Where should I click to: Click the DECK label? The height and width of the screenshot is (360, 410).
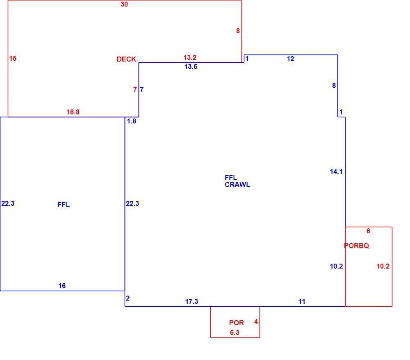[x=126, y=59]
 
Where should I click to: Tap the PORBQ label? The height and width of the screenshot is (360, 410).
[x=356, y=246]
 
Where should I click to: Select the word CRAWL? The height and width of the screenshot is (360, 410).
[x=237, y=185]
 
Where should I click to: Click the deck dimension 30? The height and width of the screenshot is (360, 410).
[x=124, y=4]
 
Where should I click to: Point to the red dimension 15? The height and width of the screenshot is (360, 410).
[x=13, y=58]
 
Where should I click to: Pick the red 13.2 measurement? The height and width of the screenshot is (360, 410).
[x=190, y=57]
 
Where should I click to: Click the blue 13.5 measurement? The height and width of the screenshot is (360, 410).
[x=191, y=67]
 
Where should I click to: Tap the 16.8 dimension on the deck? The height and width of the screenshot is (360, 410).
[x=73, y=112]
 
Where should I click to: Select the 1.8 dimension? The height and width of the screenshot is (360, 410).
[x=132, y=121]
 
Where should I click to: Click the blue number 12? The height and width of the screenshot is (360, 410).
[x=291, y=59]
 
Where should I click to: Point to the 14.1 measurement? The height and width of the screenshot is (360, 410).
[x=336, y=171]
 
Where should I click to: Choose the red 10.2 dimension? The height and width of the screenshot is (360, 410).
[x=383, y=266]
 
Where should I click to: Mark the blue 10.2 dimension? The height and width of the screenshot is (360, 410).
[x=336, y=266]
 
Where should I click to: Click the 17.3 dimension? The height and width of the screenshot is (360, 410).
[x=191, y=301]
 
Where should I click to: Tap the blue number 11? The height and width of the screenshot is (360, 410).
[x=302, y=301]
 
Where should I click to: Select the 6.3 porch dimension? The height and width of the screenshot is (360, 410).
[x=235, y=333]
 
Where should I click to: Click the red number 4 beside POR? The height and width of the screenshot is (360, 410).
[x=256, y=321]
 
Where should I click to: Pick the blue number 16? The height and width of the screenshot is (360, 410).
[x=62, y=286]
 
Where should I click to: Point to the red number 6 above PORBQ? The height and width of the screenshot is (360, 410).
[x=369, y=231]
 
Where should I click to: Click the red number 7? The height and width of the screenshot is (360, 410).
[x=135, y=89]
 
